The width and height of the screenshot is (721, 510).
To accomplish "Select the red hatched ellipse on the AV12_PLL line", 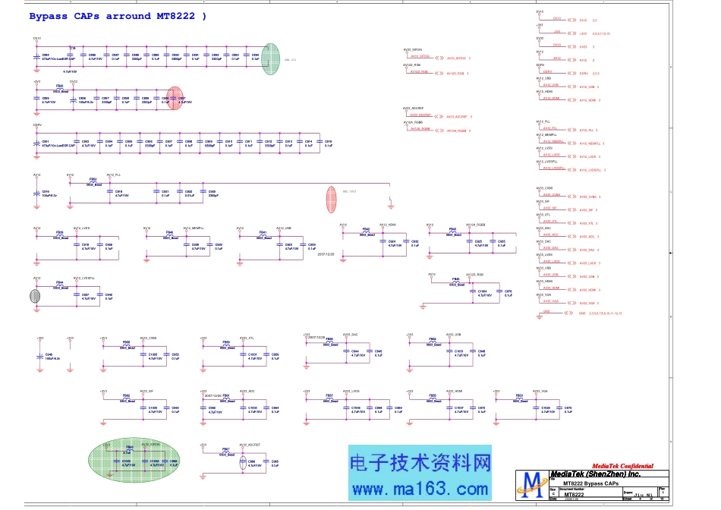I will (x=331, y=199).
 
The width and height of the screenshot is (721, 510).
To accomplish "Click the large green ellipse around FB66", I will (x=134, y=458).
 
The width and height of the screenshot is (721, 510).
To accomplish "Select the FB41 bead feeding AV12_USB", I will (x=263, y=235).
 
